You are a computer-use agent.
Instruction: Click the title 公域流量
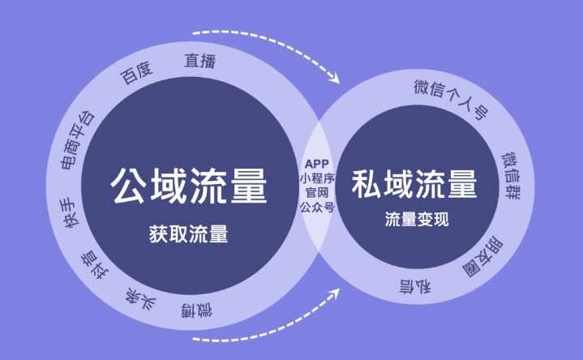188,186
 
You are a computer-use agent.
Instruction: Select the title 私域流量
414,184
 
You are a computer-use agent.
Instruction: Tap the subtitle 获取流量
188,234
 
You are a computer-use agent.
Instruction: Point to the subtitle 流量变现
417,219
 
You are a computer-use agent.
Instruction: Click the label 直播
200,61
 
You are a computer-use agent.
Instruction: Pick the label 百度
136,72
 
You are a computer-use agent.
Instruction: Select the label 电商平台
77,139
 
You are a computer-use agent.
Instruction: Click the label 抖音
95,265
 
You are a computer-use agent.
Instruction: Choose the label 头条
140,298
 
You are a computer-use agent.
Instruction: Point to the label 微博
197,311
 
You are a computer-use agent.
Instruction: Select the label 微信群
511,175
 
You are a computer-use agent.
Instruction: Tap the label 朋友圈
482,257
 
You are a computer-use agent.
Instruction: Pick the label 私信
415,285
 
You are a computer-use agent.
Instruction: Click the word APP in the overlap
317,164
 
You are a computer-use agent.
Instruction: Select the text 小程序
317,178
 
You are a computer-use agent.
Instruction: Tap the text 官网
317,193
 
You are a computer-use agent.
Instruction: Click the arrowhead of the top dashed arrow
335,78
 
